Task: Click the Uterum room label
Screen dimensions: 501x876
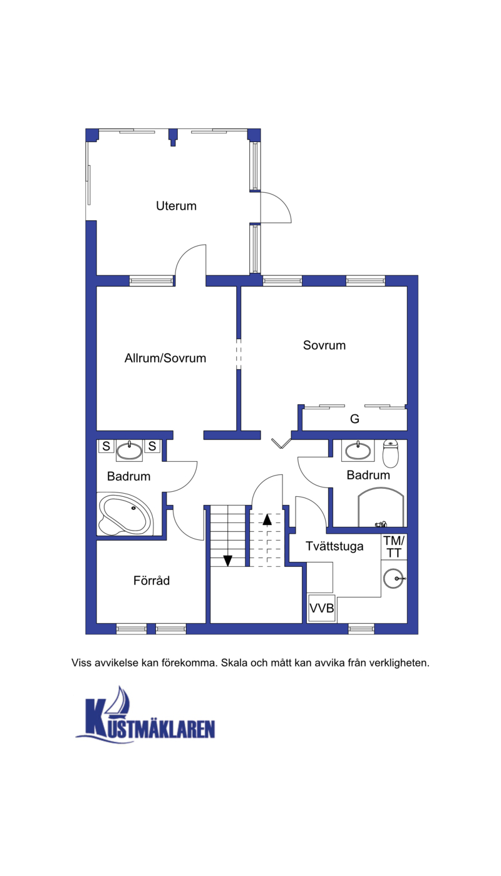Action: [x=176, y=206]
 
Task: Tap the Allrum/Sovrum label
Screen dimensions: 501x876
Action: [x=165, y=358]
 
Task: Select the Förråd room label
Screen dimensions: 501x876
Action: [x=152, y=580]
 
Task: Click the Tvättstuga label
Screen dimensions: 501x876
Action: [x=334, y=546]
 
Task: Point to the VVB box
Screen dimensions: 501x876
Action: [x=322, y=608]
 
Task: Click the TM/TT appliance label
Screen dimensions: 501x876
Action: [x=394, y=547]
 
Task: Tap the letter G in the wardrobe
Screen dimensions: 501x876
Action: [x=354, y=419]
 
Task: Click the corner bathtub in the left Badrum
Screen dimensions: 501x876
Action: [x=125, y=514]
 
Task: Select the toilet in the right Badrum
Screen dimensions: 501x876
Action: [x=391, y=454]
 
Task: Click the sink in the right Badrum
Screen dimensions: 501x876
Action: [x=358, y=451]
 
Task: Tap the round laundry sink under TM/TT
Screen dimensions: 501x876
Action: [x=393, y=578]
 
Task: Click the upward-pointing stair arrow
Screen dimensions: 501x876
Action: [x=267, y=519]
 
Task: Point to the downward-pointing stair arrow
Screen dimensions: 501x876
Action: [x=228, y=561]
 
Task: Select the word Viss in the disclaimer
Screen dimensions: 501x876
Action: [x=81, y=663]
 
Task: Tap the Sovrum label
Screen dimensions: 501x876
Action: [x=324, y=345]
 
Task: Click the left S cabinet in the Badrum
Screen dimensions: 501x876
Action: [x=106, y=446]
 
